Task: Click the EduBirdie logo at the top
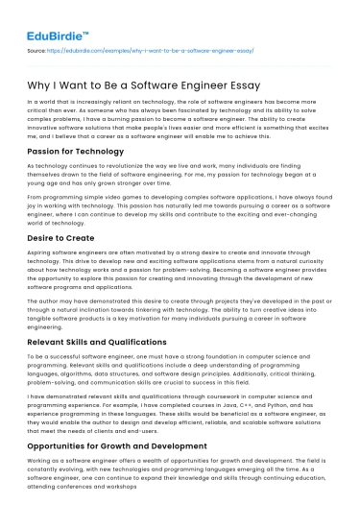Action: [x=50, y=17]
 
